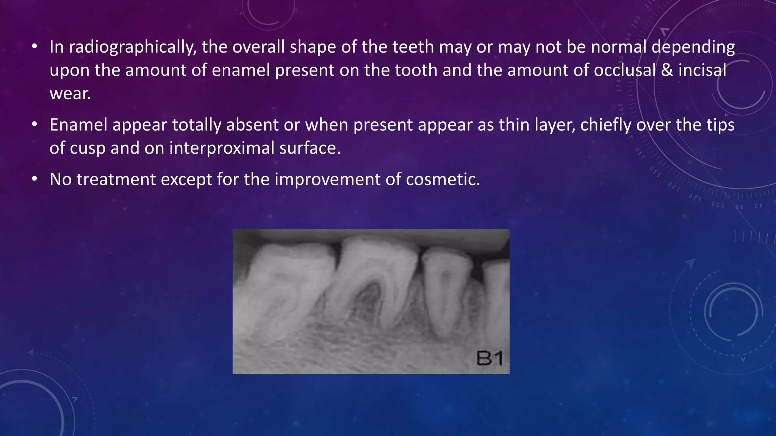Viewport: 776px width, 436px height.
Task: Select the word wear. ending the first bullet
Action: coord(70,94)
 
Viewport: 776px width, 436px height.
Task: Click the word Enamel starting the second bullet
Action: coord(78,125)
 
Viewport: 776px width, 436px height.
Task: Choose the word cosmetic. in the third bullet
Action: coord(443,179)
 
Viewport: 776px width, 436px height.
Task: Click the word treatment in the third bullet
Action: coord(116,179)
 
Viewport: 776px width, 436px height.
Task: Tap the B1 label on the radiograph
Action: coord(489,358)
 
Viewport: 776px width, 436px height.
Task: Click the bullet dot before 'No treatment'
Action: coord(34,179)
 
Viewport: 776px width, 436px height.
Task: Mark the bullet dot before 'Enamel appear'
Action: coord(34,125)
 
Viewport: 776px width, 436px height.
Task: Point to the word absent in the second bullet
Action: coord(252,125)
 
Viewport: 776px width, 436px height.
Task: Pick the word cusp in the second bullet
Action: coord(88,148)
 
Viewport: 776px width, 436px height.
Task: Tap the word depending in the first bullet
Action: coord(693,47)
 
